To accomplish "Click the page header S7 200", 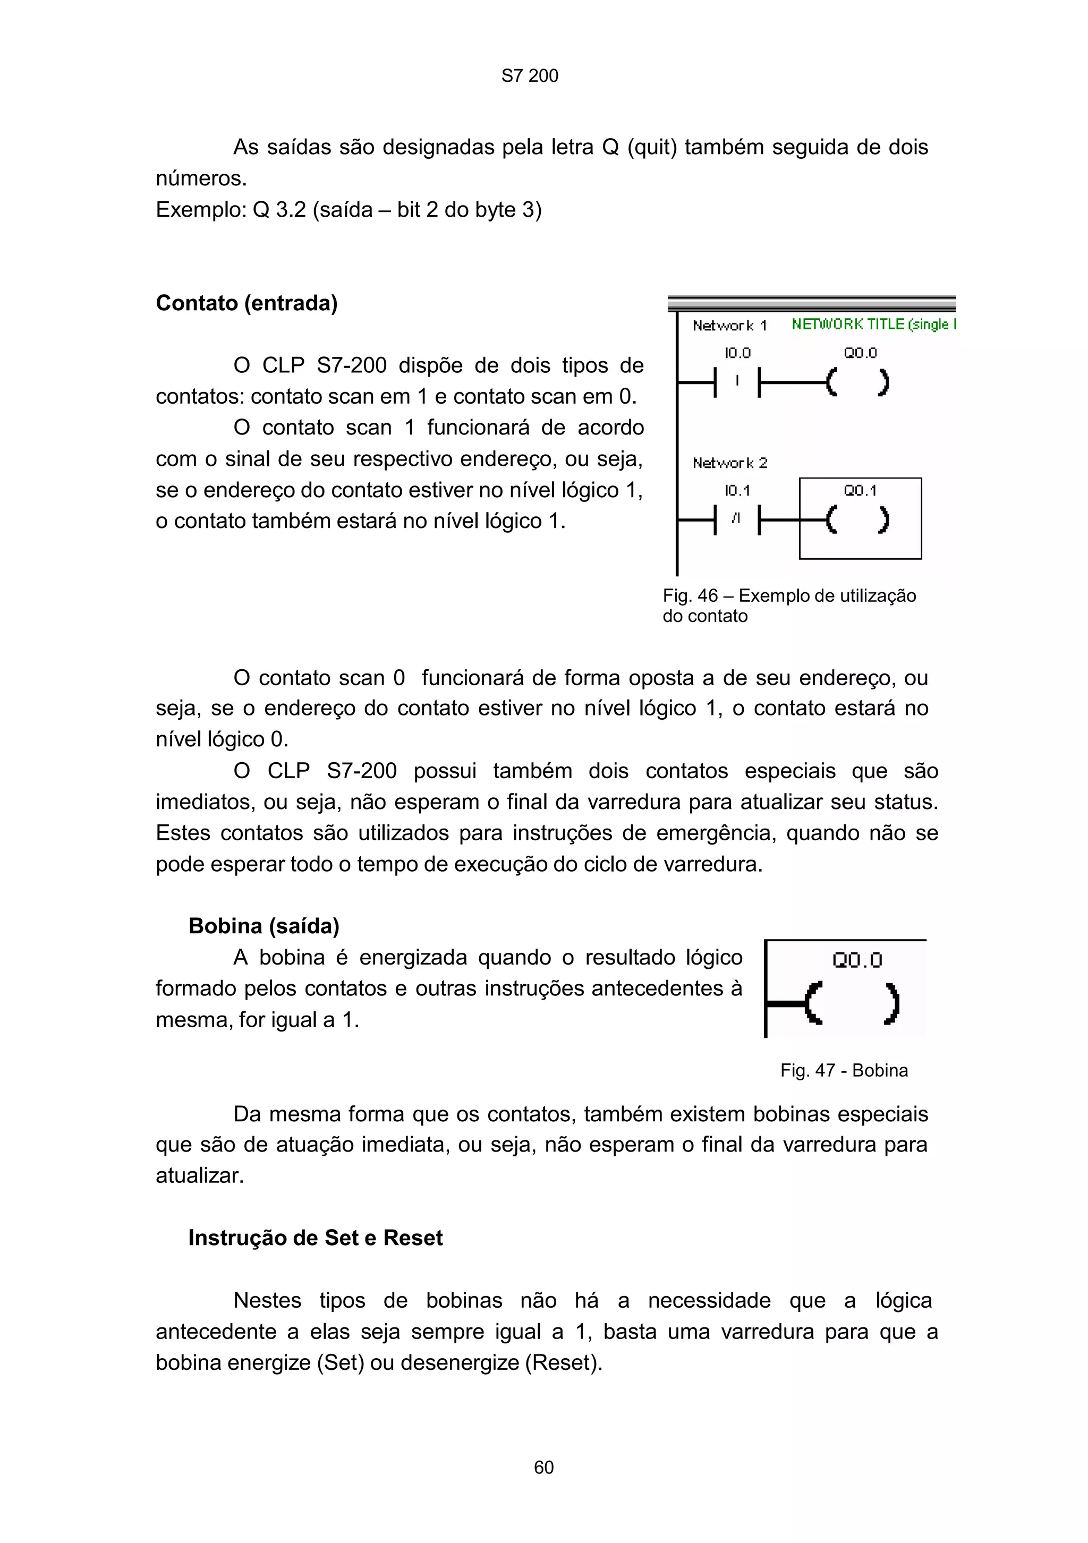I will (x=530, y=76).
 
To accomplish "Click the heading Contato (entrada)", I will (x=246, y=303).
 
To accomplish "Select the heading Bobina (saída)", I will (x=263, y=926).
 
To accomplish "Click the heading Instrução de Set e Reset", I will (x=315, y=1238).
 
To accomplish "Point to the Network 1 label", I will (x=729, y=326).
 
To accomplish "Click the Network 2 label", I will (x=729, y=463).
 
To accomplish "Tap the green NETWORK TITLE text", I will (x=872, y=325).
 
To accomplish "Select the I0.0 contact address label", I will (x=737, y=353).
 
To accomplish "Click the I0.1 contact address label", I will (x=737, y=491).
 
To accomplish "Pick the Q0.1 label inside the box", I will (x=860, y=491).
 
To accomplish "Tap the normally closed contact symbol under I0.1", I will (x=736, y=519).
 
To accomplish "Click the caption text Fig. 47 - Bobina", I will (x=844, y=1071).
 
